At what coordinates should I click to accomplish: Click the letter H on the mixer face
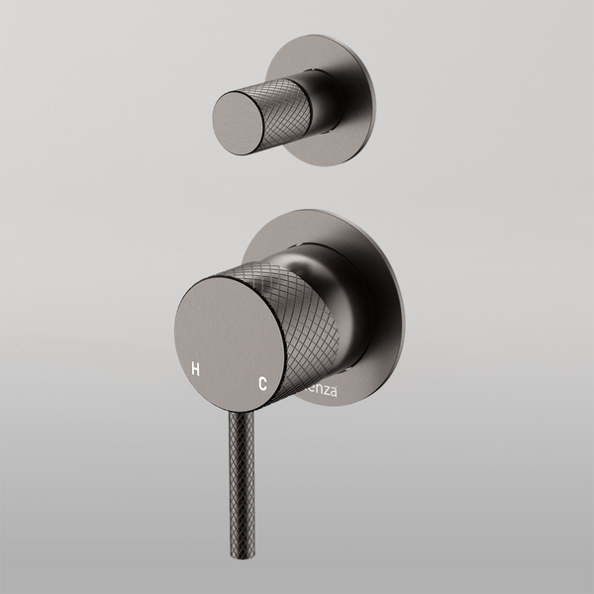[x=196, y=368]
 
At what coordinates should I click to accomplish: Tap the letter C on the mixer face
[x=262, y=380]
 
